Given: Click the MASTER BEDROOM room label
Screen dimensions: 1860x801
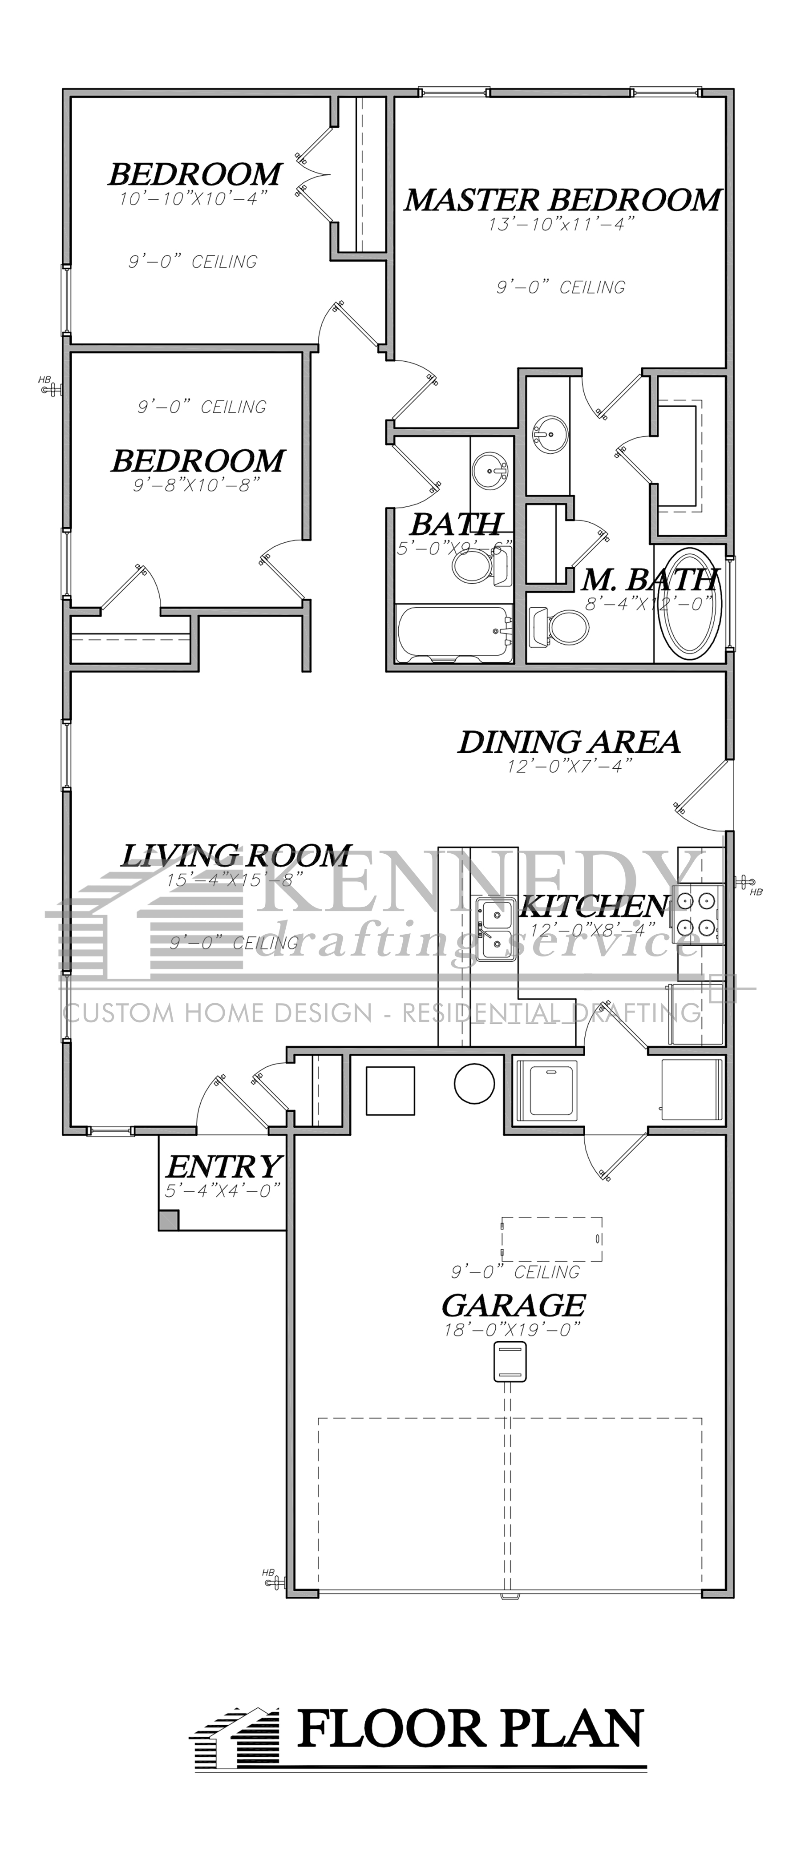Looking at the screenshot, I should pos(562,200).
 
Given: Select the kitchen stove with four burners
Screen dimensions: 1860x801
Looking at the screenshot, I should pos(696,914).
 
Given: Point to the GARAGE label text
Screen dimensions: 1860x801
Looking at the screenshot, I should pos(513,1305).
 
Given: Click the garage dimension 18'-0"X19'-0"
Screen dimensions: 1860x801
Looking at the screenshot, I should pos(513,1330).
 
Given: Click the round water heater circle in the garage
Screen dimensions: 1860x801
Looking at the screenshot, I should pos(474,1084).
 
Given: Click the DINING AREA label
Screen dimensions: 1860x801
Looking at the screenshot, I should pos(569,742).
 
